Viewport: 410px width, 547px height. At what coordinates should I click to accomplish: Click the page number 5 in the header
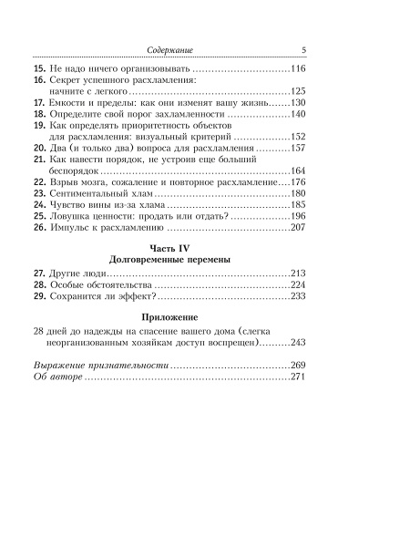302,50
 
